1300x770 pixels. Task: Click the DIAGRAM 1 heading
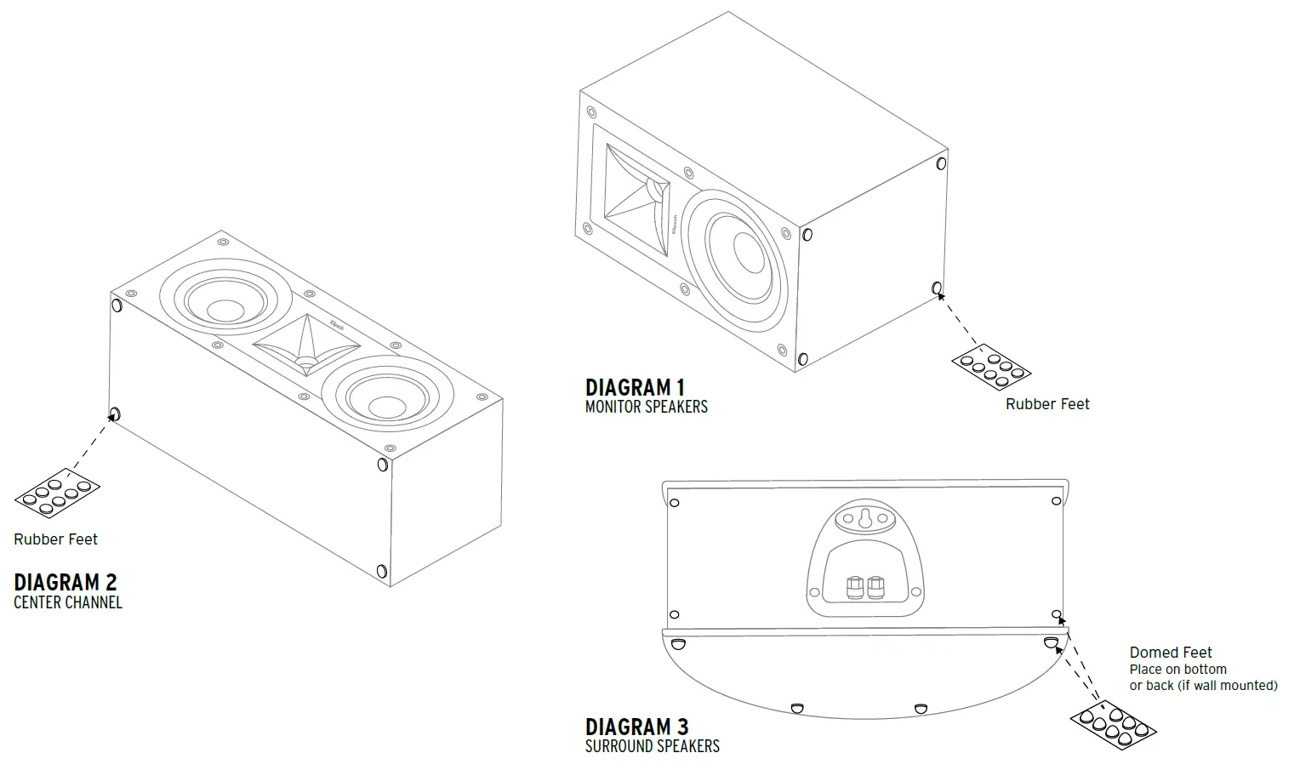635,388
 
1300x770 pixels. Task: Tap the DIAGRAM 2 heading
65,583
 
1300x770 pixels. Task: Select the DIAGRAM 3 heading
636,727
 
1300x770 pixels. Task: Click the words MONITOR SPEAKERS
646,407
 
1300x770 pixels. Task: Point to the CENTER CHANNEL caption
68,602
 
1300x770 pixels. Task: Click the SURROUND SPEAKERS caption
652,746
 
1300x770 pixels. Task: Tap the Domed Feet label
1170,653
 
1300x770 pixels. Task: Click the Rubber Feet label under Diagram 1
1046,404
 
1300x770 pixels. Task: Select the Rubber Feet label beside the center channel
55,539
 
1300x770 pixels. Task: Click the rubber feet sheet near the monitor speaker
991,366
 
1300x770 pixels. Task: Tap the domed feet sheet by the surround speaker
1113,725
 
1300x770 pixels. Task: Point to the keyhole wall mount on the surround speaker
865,517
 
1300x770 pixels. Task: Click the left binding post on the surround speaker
853,587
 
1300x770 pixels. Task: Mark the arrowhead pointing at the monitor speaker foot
941,296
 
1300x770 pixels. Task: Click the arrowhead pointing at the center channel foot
111,418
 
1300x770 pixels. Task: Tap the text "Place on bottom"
1177,670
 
